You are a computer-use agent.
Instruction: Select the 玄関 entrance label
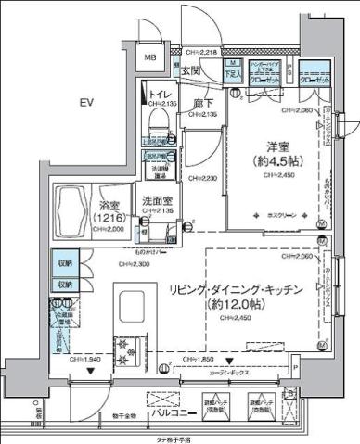[190, 70]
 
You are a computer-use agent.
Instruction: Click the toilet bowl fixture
[155, 118]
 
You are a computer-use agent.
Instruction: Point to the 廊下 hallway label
[204, 104]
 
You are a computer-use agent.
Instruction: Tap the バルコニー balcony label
[173, 413]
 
